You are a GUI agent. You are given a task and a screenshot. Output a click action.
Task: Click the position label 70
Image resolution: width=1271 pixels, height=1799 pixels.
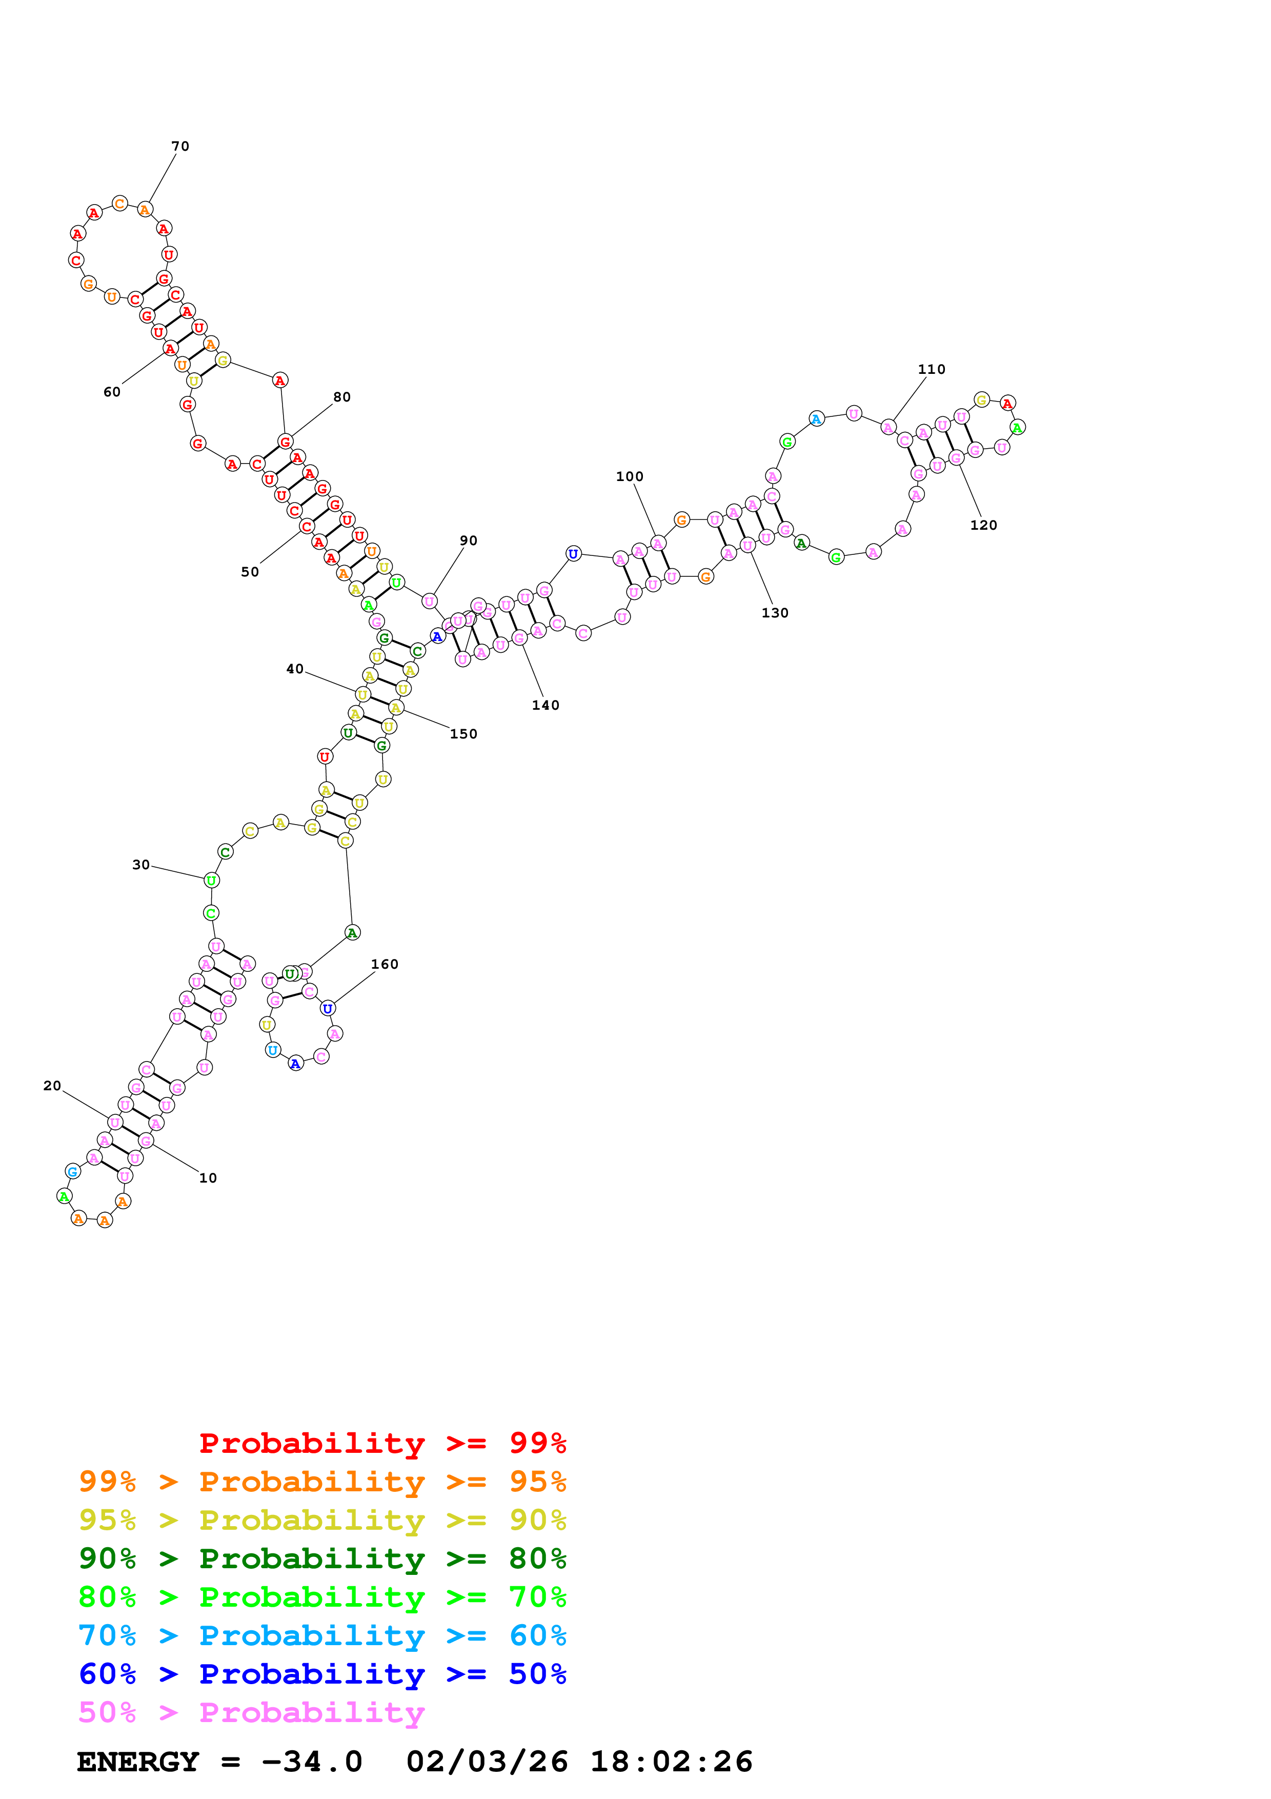[180, 147]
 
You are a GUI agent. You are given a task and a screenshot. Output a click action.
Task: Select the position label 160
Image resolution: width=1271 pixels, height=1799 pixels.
[385, 965]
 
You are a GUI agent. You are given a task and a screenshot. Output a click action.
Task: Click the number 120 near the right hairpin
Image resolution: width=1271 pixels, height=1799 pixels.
[983, 526]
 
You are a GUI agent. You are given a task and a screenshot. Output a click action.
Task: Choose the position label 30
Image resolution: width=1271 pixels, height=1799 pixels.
[141, 865]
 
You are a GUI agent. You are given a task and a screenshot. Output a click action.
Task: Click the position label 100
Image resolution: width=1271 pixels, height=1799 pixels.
[630, 477]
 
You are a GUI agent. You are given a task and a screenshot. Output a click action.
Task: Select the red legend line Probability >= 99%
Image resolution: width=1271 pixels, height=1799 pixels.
[382, 1443]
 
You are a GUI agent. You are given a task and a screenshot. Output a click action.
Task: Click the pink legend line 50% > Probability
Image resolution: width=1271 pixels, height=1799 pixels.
[251, 1713]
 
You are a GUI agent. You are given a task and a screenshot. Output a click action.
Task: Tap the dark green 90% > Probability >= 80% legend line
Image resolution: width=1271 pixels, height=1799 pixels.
[322, 1558]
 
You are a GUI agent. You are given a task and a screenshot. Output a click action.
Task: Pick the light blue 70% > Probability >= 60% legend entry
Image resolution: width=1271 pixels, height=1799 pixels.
[322, 1636]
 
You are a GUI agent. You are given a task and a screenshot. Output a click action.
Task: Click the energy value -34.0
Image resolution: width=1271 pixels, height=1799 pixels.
[312, 1762]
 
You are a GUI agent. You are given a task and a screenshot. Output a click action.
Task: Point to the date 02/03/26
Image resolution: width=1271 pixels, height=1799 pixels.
[487, 1762]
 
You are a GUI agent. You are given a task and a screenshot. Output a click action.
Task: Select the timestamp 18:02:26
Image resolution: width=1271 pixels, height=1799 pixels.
[671, 1762]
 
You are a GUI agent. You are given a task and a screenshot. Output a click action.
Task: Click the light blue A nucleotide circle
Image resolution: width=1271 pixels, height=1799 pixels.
[816, 419]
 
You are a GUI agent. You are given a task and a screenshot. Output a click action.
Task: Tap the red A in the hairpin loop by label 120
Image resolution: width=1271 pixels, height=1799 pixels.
[1008, 404]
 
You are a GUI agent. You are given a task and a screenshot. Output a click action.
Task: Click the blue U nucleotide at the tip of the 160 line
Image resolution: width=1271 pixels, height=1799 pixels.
[327, 1008]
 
